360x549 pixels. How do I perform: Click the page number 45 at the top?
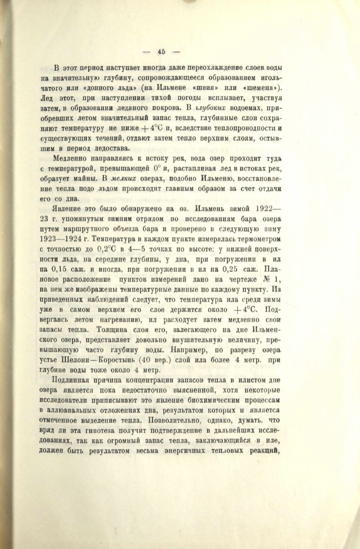click(x=161, y=51)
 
